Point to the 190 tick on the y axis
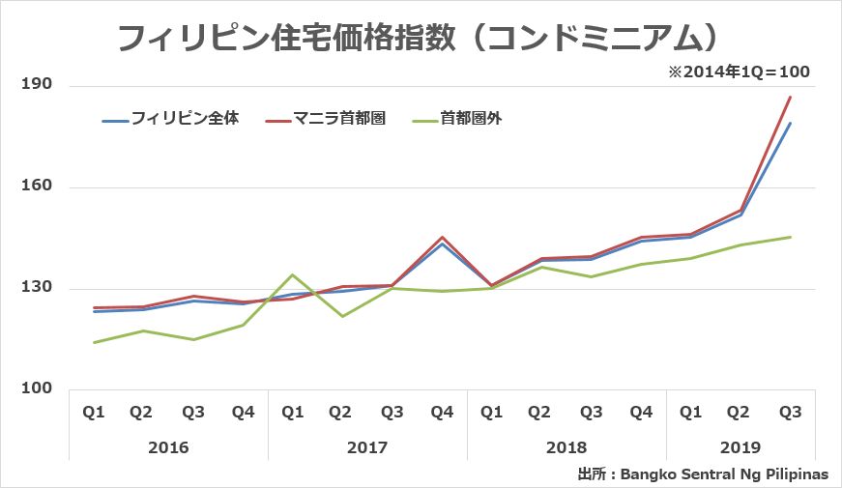click(x=36, y=86)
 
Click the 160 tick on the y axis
click(x=36, y=187)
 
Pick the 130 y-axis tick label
click(x=36, y=289)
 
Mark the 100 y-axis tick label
click(x=36, y=390)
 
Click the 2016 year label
click(x=168, y=448)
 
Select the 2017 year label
click(x=367, y=448)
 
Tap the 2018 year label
click(x=566, y=448)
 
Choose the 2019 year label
click(x=740, y=448)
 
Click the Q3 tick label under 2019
click(x=790, y=413)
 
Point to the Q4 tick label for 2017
click(x=442, y=413)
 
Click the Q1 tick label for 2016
click(x=94, y=413)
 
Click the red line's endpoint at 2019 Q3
click(x=791, y=97)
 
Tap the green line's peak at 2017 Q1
click(x=293, y=275)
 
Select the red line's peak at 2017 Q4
click(x=442, y=237)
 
